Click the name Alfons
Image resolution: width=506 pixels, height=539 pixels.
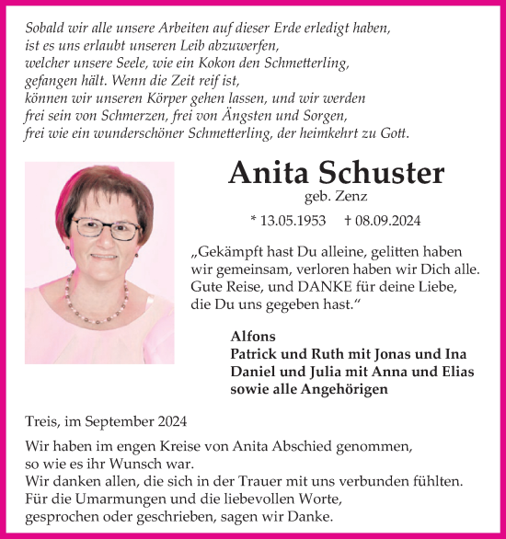click(x=250, y=337)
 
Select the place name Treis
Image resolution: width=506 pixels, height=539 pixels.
click(x=43, y=422)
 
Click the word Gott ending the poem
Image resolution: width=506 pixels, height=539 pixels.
click(x=394, y=134)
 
